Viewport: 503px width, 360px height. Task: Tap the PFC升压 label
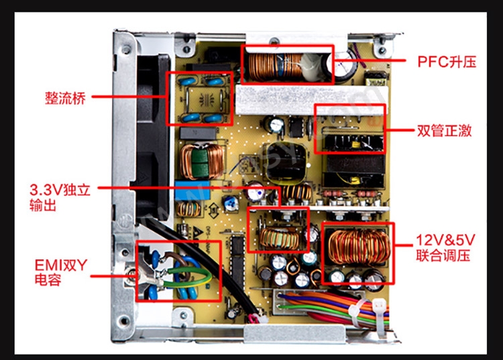pos(447,62)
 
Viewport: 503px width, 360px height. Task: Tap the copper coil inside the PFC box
pos(272,65)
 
